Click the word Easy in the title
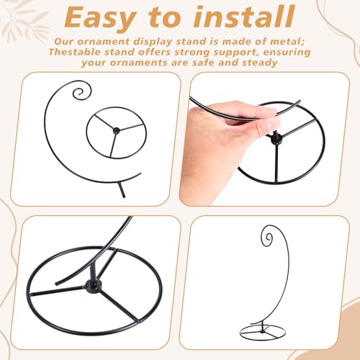[99, 19]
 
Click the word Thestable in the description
[75, 52]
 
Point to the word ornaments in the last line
[139, 63]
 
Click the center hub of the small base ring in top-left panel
[117, 131]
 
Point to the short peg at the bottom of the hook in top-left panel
[122, 189]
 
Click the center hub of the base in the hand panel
[275, 140]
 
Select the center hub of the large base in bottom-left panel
[93, 286]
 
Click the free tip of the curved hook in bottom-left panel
[57, 284]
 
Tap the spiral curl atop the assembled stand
[267, 238]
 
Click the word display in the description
[153, 42]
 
